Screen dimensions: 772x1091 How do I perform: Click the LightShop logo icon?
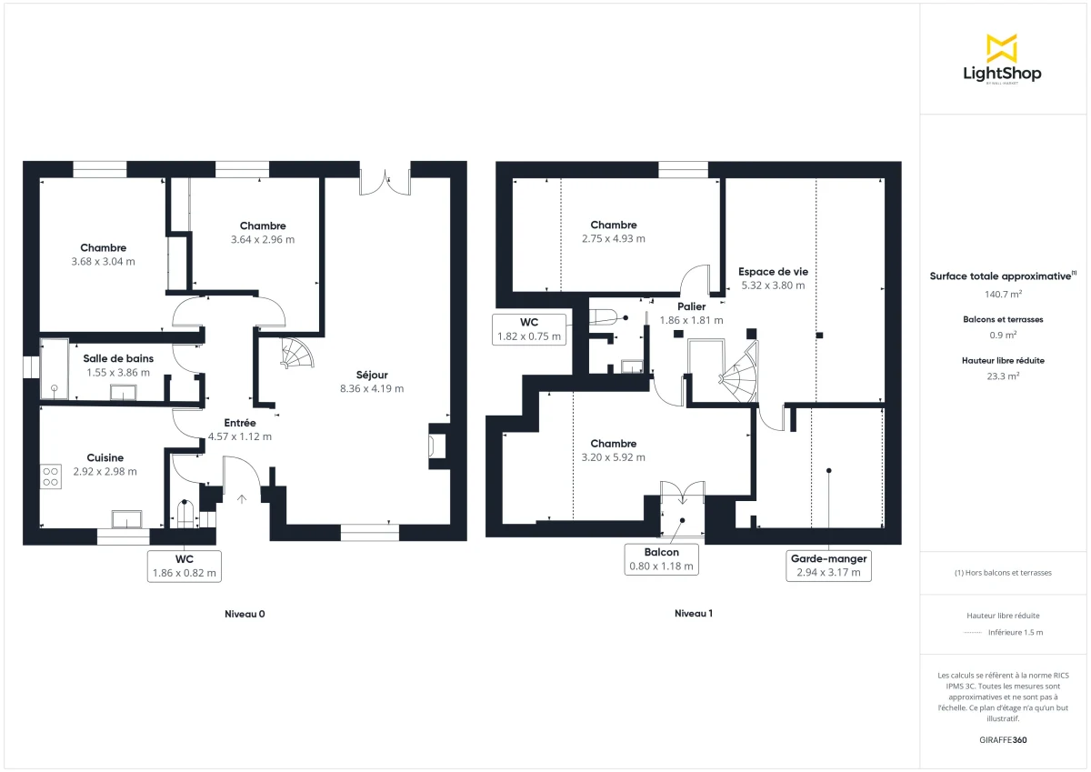coord(1001,48)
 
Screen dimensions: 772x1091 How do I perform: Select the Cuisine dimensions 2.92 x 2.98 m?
coord(105,471)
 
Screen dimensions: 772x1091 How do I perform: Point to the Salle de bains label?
coord(118,358)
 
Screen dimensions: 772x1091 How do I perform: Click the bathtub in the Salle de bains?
coord(55,369)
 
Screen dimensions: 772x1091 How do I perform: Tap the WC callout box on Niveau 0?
coord(185,565)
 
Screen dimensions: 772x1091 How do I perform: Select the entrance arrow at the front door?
coord(242,497)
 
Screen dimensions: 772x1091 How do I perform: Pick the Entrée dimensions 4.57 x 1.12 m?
coord(240,436)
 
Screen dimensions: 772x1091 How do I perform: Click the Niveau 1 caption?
coord(694,614)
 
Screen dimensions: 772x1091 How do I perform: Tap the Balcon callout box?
coord(661,558)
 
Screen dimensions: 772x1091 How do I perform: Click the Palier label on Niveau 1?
coord(691,306)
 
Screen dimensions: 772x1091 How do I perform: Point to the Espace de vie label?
coord(773,271)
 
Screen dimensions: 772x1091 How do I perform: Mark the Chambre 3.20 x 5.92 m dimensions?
coord(614,457)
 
